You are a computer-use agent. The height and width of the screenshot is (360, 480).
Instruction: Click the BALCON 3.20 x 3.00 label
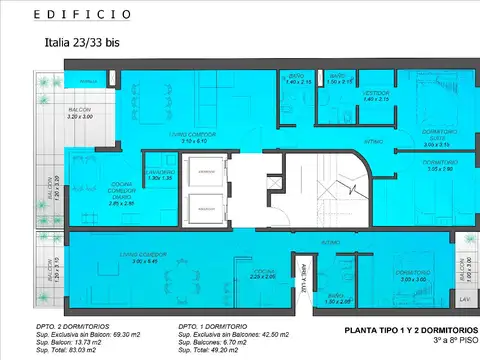80,113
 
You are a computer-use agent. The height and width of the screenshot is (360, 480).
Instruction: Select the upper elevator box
206,173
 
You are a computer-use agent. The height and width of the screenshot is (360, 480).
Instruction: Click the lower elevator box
206,210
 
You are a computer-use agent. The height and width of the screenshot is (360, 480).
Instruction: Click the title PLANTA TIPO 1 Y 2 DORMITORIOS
410,329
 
